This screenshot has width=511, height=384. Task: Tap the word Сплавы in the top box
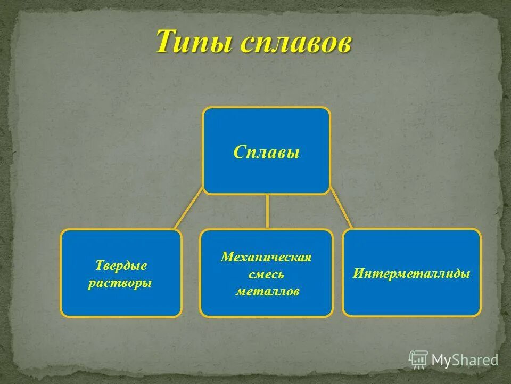pos(266,153)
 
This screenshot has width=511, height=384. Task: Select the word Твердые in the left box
pos(121,265)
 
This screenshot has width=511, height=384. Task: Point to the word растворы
pos(120,283)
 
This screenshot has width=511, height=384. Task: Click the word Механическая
pos(266,257)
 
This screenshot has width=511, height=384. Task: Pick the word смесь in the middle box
pos(266,275)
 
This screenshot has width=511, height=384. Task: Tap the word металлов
pos(266,292)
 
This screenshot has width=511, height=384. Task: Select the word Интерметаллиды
pos(411,274)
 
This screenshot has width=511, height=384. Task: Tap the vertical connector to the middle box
pos(267,212)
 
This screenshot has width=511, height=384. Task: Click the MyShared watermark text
pos(464,360)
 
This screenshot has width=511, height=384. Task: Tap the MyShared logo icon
pos(418,359)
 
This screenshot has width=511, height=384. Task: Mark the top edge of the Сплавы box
pos(266,108)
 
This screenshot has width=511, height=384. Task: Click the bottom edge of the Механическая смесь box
pos(266,316)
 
